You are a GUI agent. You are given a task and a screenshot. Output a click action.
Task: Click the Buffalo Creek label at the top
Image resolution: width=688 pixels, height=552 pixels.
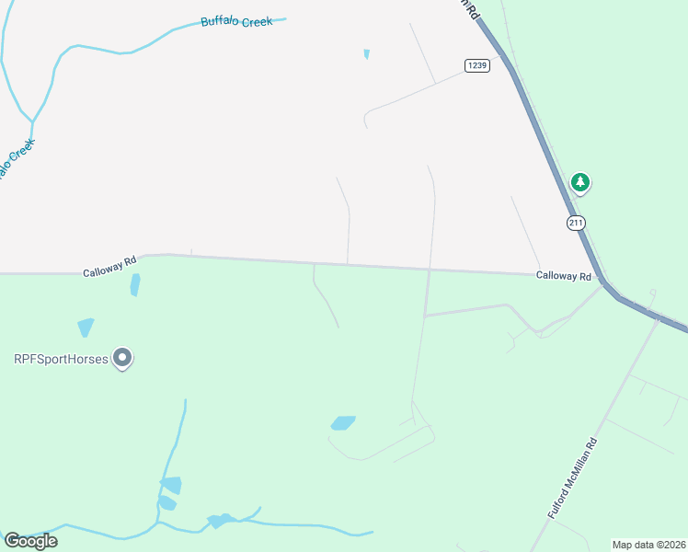point(236,21)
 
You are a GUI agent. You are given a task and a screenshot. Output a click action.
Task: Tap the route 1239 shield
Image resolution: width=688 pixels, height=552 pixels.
point(476,65)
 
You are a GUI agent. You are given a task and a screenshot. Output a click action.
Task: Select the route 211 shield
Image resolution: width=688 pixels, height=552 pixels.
point(576,223)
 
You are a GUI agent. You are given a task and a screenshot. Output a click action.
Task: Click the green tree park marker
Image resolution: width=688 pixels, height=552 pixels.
point(579,182)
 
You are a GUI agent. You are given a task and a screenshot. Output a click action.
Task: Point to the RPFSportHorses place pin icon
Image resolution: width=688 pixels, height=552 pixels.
point(121,358)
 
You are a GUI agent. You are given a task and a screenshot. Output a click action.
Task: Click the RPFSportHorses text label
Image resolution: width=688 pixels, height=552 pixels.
point(61,358)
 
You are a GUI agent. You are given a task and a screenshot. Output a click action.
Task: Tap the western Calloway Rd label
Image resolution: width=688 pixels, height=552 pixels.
point(109,271)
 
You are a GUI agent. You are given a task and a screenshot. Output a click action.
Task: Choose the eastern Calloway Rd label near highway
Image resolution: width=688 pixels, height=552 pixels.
point(564,276)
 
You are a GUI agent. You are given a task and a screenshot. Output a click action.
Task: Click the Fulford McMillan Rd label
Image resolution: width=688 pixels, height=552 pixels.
point(573,478)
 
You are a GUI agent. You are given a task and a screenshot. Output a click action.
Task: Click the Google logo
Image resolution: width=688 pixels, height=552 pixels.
point(30,541)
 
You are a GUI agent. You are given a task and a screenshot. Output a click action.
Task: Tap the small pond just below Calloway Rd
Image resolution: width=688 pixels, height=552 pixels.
point(135,284)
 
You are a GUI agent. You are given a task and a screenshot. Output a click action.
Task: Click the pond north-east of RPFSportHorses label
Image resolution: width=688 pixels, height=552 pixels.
point(86,327)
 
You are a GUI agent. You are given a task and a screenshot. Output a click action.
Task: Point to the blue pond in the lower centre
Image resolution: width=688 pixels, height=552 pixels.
point(342,423)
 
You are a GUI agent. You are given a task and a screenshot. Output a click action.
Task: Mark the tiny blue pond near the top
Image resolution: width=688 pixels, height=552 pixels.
point(367,54)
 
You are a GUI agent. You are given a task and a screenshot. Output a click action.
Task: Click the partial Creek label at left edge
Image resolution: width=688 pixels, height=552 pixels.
point(16,158)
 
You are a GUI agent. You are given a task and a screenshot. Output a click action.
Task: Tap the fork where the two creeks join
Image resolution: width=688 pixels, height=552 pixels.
point(33,121)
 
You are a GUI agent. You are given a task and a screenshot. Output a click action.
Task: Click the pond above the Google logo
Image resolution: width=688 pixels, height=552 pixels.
point(170,485)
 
